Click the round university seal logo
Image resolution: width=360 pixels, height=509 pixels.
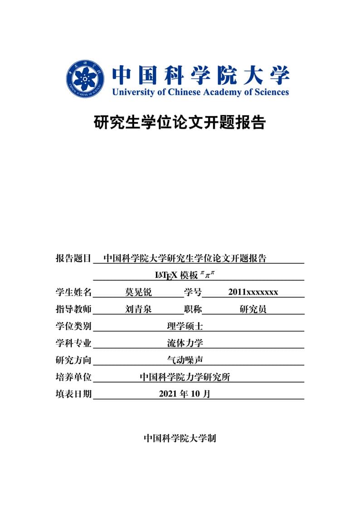pos(86,78)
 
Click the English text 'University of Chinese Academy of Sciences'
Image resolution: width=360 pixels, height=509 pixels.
pos(200,92)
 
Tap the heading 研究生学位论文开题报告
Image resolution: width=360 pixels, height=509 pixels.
pos(180,122)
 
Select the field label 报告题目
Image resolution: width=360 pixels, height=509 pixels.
pos(73,259)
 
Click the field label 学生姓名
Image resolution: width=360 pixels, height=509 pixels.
pos(73,292)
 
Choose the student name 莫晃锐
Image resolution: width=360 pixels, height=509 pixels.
pos(138,292)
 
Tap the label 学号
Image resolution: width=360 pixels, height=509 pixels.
pos(193,292)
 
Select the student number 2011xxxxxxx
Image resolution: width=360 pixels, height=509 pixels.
pos(253,292)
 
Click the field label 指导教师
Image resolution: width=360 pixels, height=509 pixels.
pos(73,310)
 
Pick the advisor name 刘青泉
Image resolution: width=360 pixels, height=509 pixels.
pos(138,310)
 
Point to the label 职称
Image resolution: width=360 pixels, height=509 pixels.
pos(193,310)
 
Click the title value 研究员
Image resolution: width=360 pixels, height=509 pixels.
pos(253,310)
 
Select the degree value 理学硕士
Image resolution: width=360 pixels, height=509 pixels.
pos(185,326)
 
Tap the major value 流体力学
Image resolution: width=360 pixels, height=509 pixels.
pos(185,344)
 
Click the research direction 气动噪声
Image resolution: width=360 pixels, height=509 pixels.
pos(185,360)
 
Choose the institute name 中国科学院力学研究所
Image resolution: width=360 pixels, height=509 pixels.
pos(185,377)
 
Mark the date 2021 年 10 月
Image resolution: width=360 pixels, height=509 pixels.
pos(185,394)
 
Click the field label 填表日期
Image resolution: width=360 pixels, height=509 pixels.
pos(73,394)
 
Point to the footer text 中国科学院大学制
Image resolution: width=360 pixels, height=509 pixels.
pos(180,438)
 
